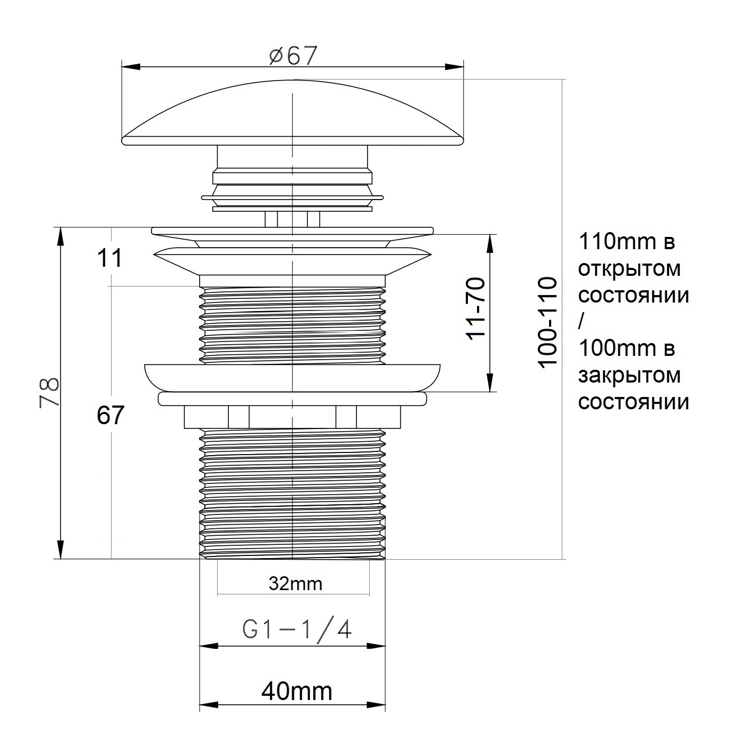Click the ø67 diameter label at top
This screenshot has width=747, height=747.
[x=293, y=55]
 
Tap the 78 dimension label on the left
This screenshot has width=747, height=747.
[x=49, y=392]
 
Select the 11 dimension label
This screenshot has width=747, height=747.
[x=110, y=258]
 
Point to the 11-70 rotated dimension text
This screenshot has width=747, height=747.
[x=475, y=309]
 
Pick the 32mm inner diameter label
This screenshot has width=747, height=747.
[x=296, y=584]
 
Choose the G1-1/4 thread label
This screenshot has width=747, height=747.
[x=297, y=631]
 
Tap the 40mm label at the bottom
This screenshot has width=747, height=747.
[x=297, y=691]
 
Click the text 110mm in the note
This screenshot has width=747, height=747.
[x=617, y=242]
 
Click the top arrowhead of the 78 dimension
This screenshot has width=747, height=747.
[x=61, y=236]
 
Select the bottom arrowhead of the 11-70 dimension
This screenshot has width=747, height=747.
[x=490, y=383]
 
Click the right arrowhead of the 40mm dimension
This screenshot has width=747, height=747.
[x=376, y=716]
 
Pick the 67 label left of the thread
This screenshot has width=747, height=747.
[x=110, y=415]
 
